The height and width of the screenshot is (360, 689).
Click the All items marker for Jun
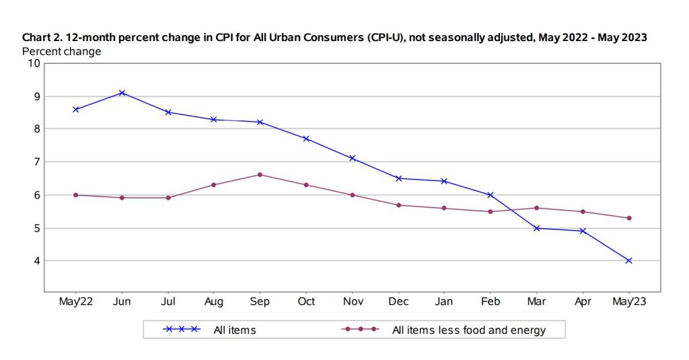(122, 93)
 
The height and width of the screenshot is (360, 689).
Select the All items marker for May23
(628, 260)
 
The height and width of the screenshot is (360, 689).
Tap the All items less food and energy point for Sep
(260, 175)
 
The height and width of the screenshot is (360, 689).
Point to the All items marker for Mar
(536, 228)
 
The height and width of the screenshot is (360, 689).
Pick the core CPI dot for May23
(628, 218)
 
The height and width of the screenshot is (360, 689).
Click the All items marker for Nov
(352, 158)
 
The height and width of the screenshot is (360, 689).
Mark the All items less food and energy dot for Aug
(214, 184)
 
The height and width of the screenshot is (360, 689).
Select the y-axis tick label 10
(34, 63)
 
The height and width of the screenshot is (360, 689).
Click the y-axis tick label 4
(36, 260)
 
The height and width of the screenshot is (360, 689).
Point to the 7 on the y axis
(36, 161)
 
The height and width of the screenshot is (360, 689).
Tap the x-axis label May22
(76, 302)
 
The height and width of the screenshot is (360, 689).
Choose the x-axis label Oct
(306, 302)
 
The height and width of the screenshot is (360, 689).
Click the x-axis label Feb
(491, 302)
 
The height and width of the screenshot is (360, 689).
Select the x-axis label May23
(628, 302)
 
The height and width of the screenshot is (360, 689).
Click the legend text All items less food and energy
(468, 330)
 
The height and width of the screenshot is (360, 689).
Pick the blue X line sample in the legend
(182, 330)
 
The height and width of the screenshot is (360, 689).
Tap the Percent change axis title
(62, 51)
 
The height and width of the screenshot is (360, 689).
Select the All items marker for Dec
(398, 178)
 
